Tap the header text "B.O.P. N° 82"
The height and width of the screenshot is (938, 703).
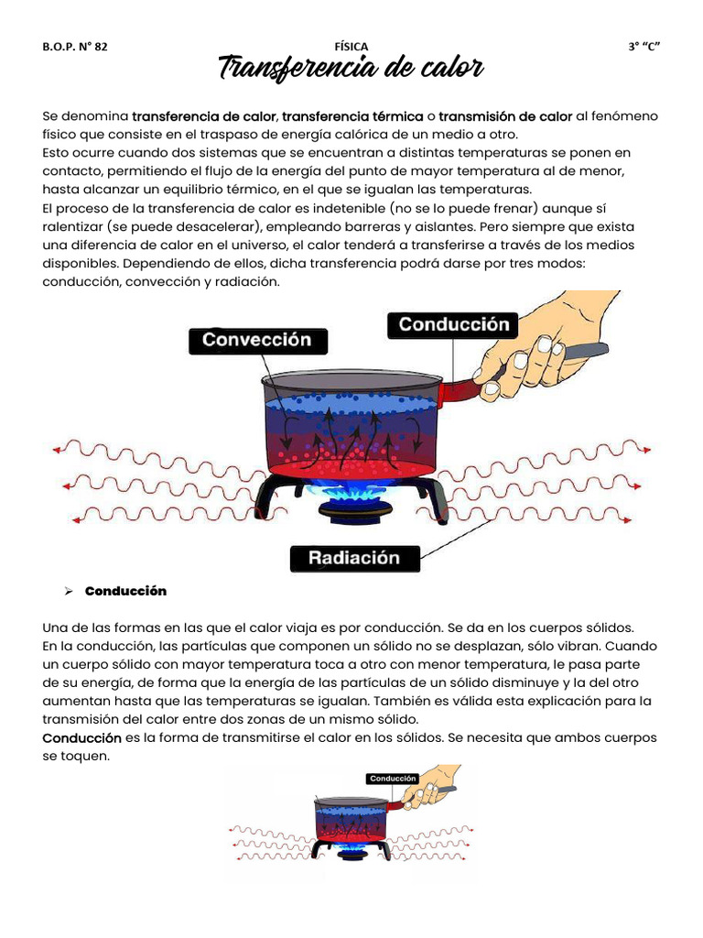pyautogui.click(x=75, y=47)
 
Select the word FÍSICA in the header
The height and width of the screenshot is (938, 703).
pyautogui.click(x=351, y=46)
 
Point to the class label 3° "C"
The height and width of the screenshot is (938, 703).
pyautogui.click(x=644, y=47)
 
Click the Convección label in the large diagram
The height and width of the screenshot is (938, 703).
pyautogui.click(x=256, y=340)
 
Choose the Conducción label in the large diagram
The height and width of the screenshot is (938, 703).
pyautogui.click(x=454, y=325)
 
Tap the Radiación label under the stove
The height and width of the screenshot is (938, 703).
pyautogui.click(x=354, y=558)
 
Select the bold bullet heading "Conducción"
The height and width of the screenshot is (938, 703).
pyautogui.click(x=125, y=591)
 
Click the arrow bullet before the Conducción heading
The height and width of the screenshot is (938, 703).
pyautogui.click(x=68, y=591)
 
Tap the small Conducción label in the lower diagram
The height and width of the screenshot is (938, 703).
pyautogui.click(x=393, y=779)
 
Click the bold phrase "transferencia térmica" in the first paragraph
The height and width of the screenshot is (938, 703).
pyautogui.click(x=352, y=116)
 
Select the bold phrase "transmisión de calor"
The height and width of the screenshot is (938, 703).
pyautogui.click(x=505, y=116)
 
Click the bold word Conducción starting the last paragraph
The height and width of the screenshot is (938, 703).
pyautogui.click(x=82, y=737)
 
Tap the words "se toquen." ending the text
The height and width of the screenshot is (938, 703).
pyautogui.click(x=76, y=756)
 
